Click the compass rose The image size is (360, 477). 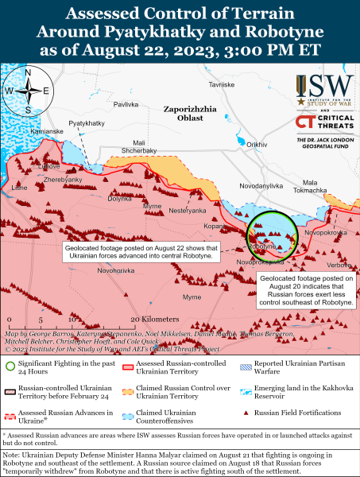pos(28,91)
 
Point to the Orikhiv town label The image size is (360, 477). pos(257,144)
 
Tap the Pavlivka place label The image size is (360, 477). pos(126,104)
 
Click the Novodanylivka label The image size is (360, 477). pos(260,185)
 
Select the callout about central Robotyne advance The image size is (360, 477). pos(149,252)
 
